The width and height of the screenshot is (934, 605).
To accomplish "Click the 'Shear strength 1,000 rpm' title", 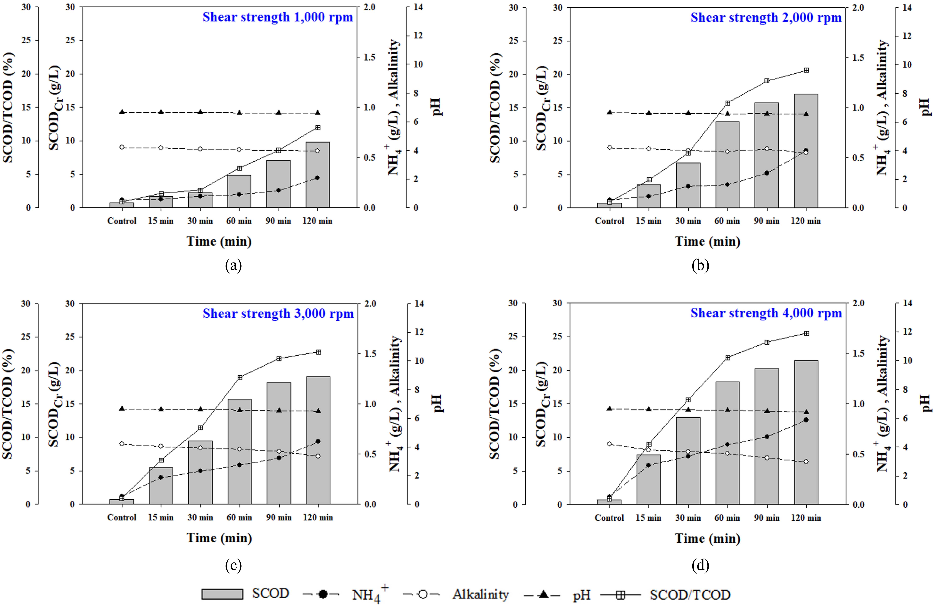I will point(277,17).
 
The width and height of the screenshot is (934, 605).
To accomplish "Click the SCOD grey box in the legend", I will point(222,594).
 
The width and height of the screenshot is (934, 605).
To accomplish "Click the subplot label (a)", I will point(234,266).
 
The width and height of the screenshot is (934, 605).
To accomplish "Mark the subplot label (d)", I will point(700,565).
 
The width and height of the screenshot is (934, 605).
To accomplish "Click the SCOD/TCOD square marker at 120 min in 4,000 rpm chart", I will point(806,333).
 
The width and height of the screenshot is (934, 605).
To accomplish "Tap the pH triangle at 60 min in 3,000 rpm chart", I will point(239,410).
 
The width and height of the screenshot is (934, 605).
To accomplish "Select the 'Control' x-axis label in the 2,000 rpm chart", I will point(609,221).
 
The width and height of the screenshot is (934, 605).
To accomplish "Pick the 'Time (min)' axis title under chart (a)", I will point(219,241).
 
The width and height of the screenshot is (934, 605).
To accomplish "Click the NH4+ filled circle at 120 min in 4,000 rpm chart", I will point(806,420).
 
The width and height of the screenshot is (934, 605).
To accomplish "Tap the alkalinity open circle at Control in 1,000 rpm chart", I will point(122,147).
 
